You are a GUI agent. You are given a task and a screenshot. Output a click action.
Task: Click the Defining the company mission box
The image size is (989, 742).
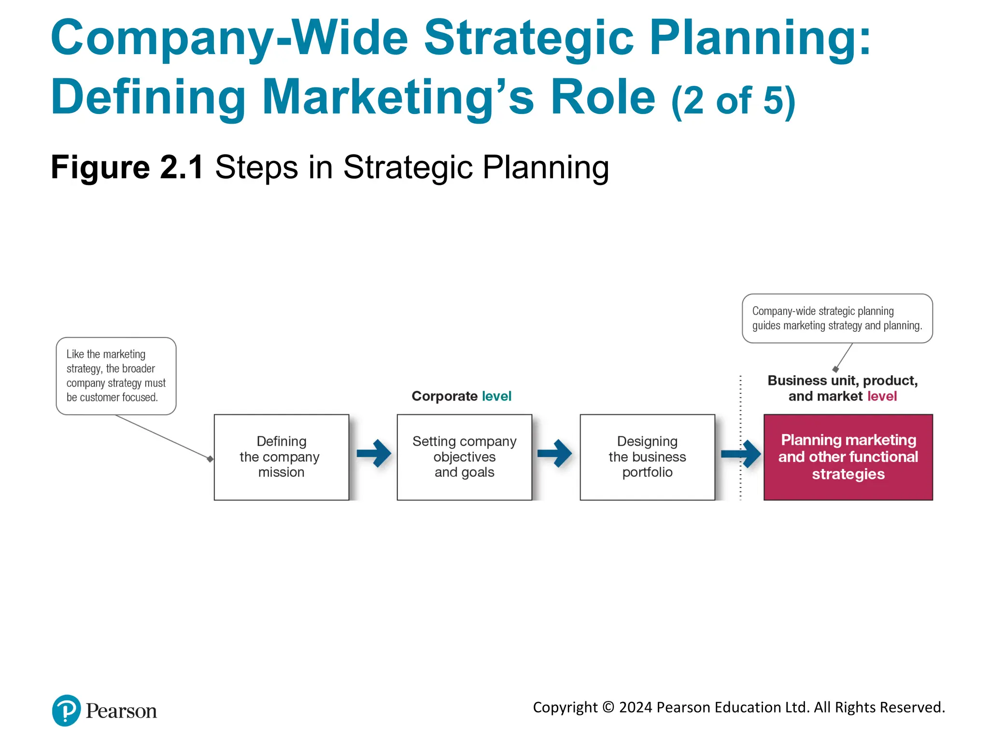tap(281, 457)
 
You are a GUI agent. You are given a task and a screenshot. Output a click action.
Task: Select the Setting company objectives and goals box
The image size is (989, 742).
tap(464, 457)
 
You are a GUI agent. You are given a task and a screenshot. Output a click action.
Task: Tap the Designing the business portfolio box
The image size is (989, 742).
tap(647, 457)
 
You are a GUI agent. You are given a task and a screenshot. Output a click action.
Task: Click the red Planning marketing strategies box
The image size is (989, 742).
tap(848, 457)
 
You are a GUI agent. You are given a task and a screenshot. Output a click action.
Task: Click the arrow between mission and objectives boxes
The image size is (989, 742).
tap(374, 453)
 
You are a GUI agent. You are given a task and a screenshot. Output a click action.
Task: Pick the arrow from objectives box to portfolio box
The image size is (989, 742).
tap(555, 453)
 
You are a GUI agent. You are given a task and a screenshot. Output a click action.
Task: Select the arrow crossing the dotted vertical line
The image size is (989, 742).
tap(741, 454)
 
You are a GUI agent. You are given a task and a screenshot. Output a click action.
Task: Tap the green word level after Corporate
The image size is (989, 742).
tap(496, 396)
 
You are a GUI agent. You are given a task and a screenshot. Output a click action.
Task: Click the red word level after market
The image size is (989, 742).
tap(882, 396)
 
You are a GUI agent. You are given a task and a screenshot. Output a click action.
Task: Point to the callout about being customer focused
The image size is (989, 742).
tap(116, 376)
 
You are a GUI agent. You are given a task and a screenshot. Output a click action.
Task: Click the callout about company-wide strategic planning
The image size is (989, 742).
tap(837, 318)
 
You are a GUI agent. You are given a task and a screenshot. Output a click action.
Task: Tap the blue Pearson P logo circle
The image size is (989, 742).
tap(66, 710)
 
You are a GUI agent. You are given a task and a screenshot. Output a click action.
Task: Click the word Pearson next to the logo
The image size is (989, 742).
tap(121, 711)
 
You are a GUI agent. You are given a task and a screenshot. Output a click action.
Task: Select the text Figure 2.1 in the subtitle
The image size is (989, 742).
tap(127, 168)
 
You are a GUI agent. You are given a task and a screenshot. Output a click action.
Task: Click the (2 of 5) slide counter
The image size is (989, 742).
tap(733, 101)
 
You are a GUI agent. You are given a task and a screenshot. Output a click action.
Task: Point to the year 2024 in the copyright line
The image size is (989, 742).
tap(636, 707)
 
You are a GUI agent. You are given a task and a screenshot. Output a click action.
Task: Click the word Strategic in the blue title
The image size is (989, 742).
tap(528, 39)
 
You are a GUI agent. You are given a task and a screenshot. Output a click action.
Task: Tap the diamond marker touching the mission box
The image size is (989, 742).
tap(210, 459)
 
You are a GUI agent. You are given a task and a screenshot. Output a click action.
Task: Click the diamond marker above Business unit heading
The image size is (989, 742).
tap(835, 369)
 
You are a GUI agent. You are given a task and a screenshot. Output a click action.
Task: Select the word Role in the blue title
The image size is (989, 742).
tap(603, 98)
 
